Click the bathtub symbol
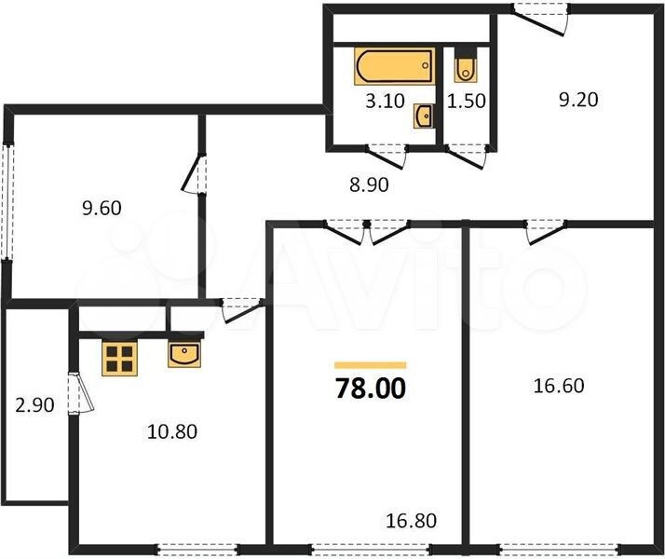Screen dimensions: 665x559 (394, 66)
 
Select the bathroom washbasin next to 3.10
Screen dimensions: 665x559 (423, 116)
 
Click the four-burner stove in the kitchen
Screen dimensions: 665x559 (119, 359)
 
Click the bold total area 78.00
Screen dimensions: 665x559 (371, 389)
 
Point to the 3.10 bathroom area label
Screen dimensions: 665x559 (385, 102)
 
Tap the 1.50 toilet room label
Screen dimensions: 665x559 (467, 102)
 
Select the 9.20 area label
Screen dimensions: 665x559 (578, 100)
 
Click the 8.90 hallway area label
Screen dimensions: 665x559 (369, 184)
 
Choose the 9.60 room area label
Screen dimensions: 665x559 (102, 209)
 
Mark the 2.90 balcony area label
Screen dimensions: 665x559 (34, 405)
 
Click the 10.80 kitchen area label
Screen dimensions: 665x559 (172, 431)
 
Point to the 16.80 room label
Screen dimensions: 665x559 (412, 521)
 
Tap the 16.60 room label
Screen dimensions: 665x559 (559, 386)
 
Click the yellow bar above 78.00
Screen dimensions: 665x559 (371, 365)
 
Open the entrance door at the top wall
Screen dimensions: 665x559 (539, 19)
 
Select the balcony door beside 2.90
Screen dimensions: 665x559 (80, 393)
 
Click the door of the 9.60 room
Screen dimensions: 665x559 (195, 174)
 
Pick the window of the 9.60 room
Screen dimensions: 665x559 (7, 201)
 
